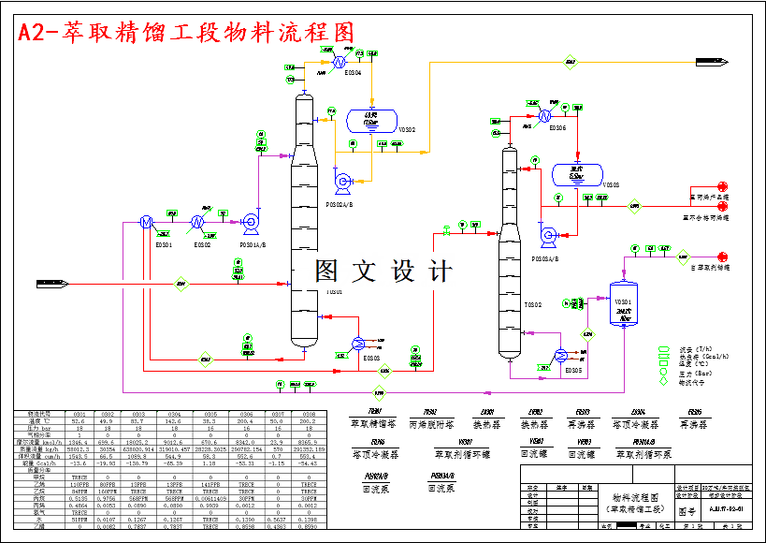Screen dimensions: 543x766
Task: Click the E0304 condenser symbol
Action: click(x=333, y=63)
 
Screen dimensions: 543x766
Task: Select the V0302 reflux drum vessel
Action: click(x=370, y=120)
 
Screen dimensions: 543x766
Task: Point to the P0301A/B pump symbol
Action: click(x=250, y=222)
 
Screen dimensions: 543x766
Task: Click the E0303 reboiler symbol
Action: click(x=358, y=343)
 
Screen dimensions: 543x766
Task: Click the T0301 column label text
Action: click(x=334, y=292)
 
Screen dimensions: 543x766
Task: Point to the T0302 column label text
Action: click(x=532, y=304)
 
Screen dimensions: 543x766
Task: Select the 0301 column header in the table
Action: click(x=79, y=413)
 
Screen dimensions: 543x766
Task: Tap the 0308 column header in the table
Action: click(x=309, y=413)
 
